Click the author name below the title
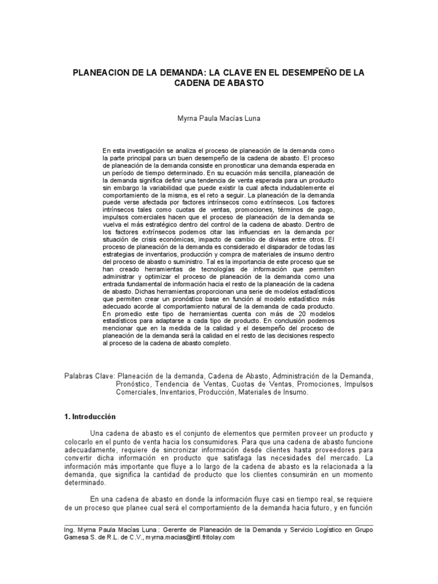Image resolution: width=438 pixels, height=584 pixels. [218, 119]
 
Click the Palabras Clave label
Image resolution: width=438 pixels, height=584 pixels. [90, 377]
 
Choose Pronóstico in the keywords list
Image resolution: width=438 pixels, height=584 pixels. [135, 385]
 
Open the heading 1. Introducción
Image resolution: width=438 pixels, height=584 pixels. [90, 417]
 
